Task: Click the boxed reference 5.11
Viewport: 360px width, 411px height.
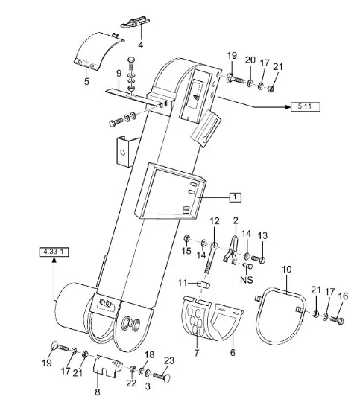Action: [x=306, y=107]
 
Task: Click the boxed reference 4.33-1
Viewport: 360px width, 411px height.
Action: [x=54, y=252]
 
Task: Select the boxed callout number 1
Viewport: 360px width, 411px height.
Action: [x=235, y=197]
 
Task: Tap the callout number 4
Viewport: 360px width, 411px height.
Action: [x=141, y=45]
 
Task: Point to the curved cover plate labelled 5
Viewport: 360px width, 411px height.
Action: [x=97, y=51]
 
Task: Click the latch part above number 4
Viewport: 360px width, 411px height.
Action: [x=135, y=22]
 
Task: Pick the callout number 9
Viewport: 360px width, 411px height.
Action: [x=119, y=73]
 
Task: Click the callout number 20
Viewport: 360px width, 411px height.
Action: [x=250, y=60]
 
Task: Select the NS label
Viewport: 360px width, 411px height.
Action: [x=247, y=280]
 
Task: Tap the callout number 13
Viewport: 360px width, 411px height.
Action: [x=262, y=235]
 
